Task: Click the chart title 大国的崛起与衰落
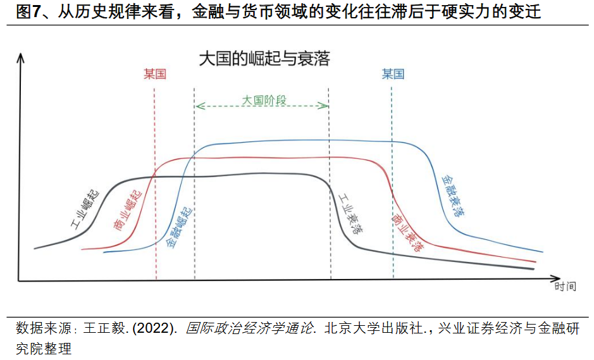pyautogui.click(x=264, y=59)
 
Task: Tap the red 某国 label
pyautogui.click(x=154, y=75)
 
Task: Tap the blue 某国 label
pyautogui.click(x=392, y=75)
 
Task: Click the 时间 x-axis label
pyautogui.click(x=565, y=287)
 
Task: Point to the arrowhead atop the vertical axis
pyautogui.click(x=20, y=58)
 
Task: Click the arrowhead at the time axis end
pyautogui.click(x=556, y=278)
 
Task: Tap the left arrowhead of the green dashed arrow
pyautogui.click(x=198, y=106)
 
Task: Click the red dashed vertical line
pyautogui.click(x=155, y=190)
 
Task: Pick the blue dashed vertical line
pyautogui.click(x=393, y=190)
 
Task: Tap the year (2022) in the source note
pyautogui.click(x=154, y=329)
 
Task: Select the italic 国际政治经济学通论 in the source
pyautogui.click(x=250, y=329)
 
